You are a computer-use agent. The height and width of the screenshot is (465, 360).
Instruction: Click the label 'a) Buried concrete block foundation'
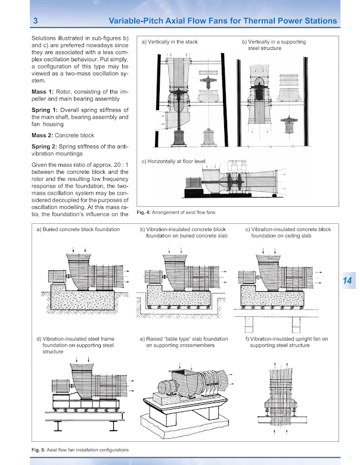(x=78, y=229)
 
